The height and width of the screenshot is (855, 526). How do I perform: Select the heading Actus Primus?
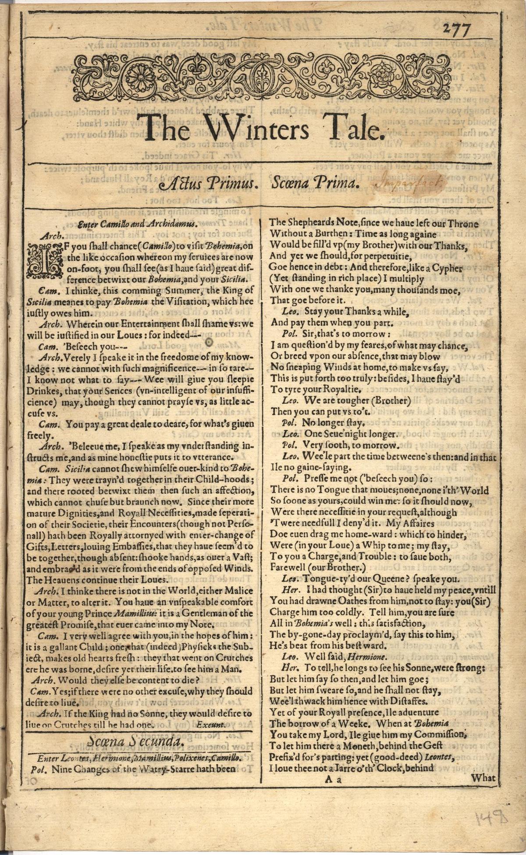coord(208,184)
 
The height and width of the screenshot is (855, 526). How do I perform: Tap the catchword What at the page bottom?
coord(483,778)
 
